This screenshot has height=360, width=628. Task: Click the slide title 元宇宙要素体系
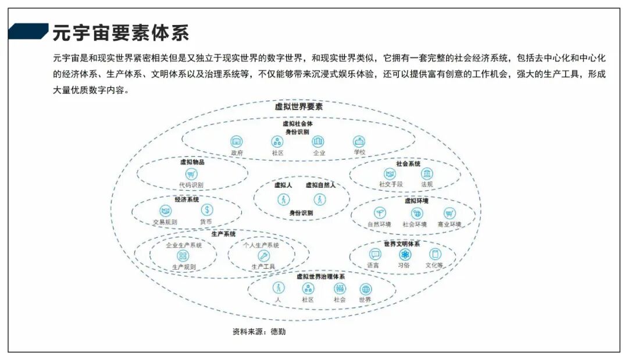[x=121, y=33]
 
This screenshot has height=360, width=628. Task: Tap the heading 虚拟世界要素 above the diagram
[x=298, y=107]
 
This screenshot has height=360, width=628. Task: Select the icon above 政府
[x=237, y=141]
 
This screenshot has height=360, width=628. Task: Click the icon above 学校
[x=359, y=141]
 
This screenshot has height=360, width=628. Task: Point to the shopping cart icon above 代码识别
[x=191, y=174]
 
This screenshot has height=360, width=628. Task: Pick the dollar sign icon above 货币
[x=207, y=210]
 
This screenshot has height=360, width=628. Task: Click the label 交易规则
[x=165, y=222]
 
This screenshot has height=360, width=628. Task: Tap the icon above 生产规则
[x=183, y=256]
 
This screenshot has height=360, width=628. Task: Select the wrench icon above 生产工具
[x=263, y=256]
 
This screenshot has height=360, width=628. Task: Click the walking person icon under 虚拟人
[x=283, y=199]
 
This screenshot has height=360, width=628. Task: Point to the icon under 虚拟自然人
[x=320, y=199]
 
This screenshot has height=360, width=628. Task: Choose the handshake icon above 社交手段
[x=390, y=174]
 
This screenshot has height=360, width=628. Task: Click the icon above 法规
[x=427, y=174]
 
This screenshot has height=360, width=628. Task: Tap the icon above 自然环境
[x=380, y=213]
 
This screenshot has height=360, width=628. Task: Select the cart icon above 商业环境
[x=449, y=213]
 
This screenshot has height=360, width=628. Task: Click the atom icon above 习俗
[x=405, y=254]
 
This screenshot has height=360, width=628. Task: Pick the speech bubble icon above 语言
[x=375, y=254]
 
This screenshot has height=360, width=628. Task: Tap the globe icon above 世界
[x=365, y=288]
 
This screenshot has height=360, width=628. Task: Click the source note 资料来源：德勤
[x=259, y=332]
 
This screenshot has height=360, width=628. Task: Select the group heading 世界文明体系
[x=402, y=244]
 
